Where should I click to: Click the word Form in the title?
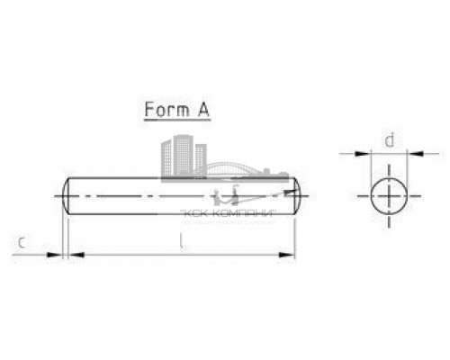[x=165, y=111]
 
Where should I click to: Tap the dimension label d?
[x=389, y=140]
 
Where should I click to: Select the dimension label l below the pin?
[x=181, y=242]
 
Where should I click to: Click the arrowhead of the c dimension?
[x=59, y=256]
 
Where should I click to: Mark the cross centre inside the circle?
[x=389, y=194]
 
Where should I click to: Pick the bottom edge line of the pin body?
[x=180, y=212]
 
